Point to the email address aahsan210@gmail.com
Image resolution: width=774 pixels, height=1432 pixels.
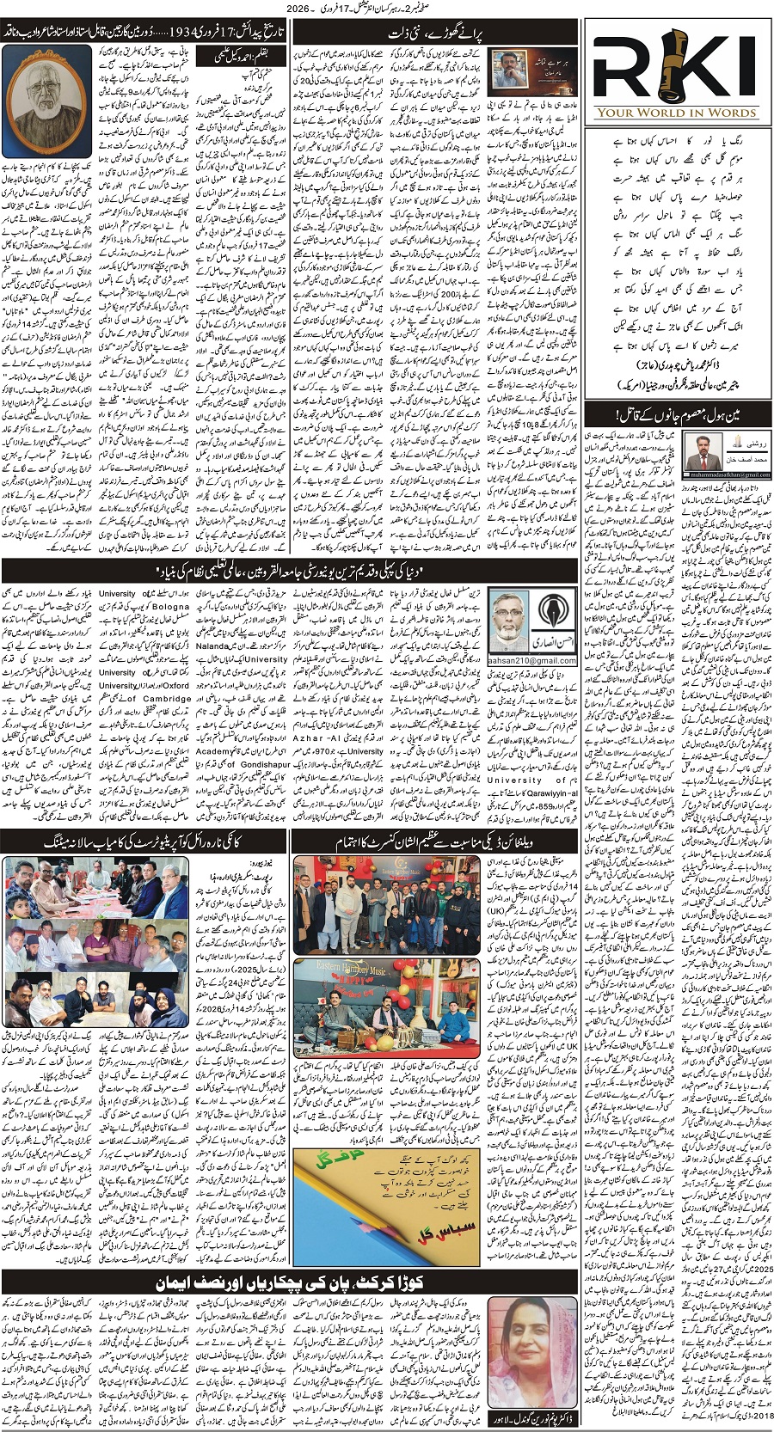pyautogui.click(x=533, y=660)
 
